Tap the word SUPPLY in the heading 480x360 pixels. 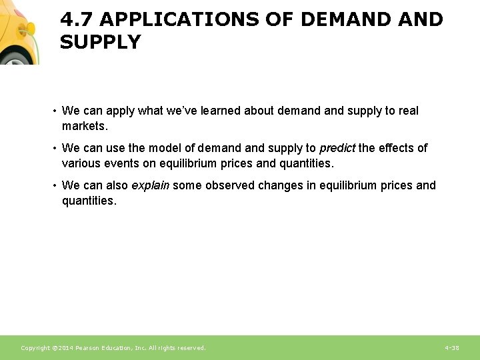pyautogui.click(x=101, y=43)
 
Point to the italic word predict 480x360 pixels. pyautogui.click(x=337, y=148)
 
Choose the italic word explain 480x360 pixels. pyautogui.click(x=150, y=185)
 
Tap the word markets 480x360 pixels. pyautogui.click(x=85, y=126)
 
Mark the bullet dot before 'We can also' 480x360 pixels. pyautogui.click(x=55, y=186)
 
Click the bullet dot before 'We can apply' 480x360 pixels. pyautogui.click(x=55, y=111)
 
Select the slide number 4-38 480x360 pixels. pyautogui.click(x=451, y=348)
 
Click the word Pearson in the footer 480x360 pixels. pyautogui.click(x=89, y=348)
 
